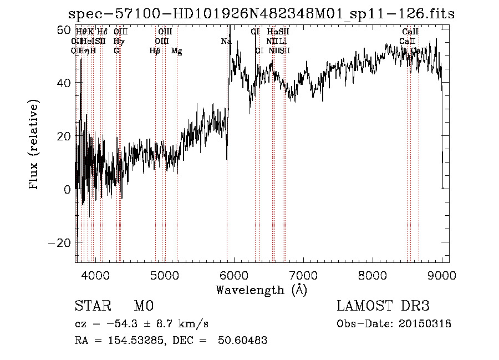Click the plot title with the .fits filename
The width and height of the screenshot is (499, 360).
[x=261, y=14]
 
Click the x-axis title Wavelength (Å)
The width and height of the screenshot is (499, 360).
[x=261, y=290]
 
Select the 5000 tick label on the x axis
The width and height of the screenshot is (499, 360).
[x=165, y=273]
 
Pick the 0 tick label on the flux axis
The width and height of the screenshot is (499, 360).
[x=67, y=189]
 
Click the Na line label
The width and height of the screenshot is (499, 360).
[x=226, y=41]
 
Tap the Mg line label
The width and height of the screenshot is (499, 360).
[x=177, y=51]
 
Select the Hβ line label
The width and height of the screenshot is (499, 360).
[x=155, y=51]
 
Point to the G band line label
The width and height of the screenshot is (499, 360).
[x=116, y=51]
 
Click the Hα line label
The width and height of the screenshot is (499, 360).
[x=272, y=32]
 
